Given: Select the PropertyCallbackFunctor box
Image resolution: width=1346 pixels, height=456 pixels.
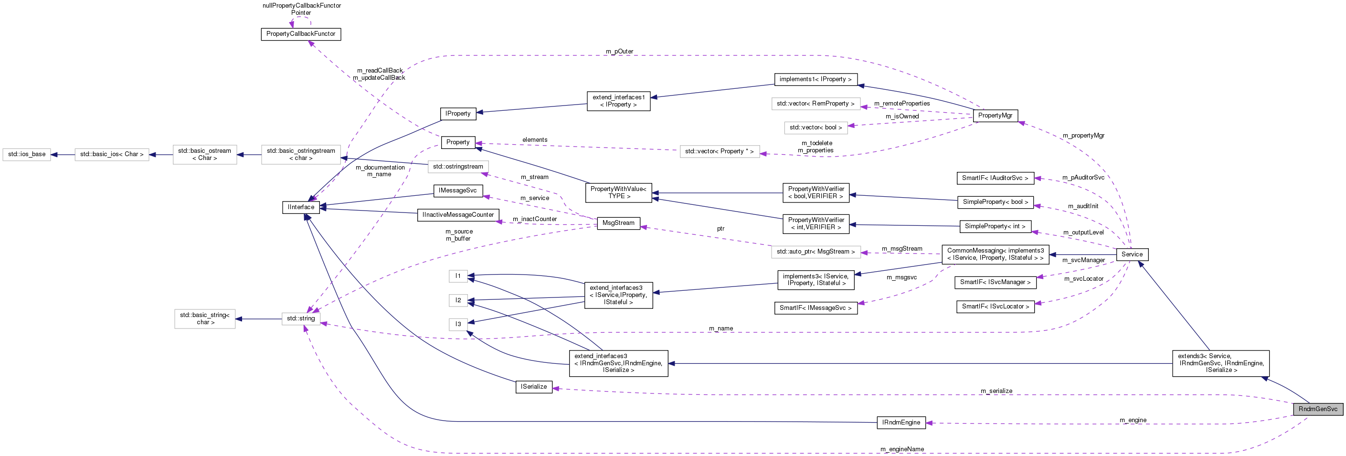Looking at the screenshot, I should (300, 34).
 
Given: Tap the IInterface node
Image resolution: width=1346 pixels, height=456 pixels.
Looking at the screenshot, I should (301, 207).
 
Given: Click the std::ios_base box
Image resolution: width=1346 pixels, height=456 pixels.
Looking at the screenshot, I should (27, 155).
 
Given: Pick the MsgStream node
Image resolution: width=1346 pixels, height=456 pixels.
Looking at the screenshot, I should (618, 223).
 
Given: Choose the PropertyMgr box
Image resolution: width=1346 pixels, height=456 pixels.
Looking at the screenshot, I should (995, 116).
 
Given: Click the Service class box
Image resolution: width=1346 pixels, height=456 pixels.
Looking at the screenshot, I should (1132, 255).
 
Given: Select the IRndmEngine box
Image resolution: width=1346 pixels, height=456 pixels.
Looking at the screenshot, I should (901, 423).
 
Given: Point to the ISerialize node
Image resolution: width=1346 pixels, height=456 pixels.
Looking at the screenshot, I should (533, 387).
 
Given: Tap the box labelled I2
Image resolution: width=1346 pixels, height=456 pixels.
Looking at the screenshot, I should (458, 300).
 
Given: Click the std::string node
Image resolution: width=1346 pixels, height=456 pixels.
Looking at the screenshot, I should (300, 318).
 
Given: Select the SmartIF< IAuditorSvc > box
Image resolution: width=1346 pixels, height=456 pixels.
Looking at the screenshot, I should (995, 178).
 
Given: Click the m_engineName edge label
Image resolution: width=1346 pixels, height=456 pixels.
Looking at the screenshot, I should (902, 449).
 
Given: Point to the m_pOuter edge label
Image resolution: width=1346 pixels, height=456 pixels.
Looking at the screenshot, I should (619, 52).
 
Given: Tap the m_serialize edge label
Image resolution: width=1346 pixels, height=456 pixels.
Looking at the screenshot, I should (996, 391).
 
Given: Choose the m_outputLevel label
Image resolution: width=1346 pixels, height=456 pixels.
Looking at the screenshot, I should (1083, 233).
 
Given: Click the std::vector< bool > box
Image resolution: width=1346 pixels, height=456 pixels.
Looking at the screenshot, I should (815, 128).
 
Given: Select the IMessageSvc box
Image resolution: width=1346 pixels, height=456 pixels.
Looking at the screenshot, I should (458, 191).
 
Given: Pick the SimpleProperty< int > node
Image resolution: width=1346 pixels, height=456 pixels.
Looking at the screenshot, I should (995, 227).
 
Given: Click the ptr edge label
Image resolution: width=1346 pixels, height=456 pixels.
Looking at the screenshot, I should (721, 229).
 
